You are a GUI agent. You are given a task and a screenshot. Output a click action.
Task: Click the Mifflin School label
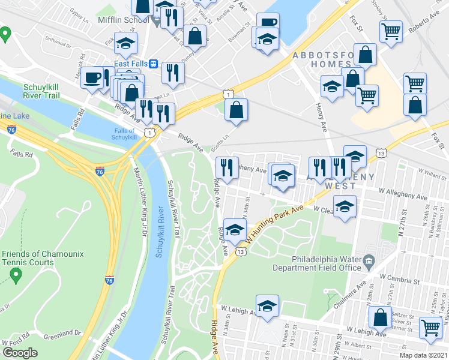pyautogui.click(x=124, y=19)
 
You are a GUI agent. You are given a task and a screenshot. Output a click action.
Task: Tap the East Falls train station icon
pyautogui.click(x=154, y=64)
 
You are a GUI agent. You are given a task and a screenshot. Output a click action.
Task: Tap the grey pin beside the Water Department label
pyautogui.click(x=369, y=260)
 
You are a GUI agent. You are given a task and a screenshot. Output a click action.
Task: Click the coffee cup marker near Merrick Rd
pyautogui.click(x=92, y=78)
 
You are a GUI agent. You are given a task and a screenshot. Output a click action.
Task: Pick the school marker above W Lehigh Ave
pyautogui.click(x=267, y=306)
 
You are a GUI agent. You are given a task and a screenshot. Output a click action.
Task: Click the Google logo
pyautogui.click(x=19, y=353)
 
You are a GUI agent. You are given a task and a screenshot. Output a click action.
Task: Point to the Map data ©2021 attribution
pyautogui.click(x=423, y=355)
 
